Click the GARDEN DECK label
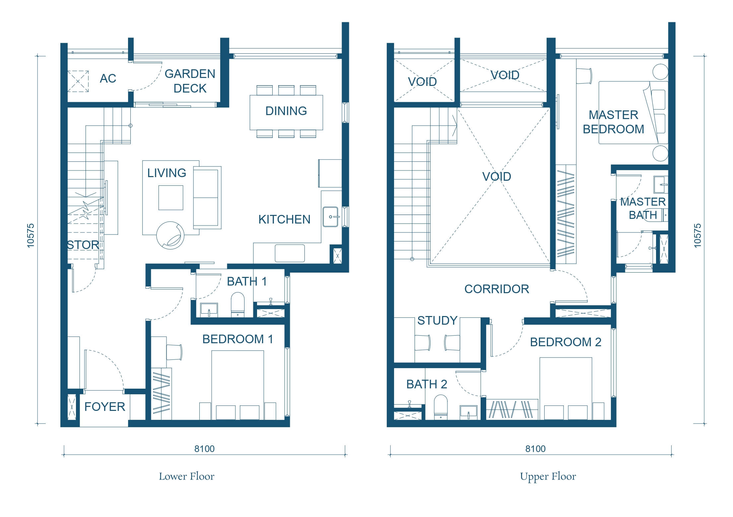coord(190,81)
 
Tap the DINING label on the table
coord(286,111)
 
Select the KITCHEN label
coord(284,219)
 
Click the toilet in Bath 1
coord(237,304)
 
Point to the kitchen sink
coord(330,217)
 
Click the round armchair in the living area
coord(170,235)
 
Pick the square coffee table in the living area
coord(171,198)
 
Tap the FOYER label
coord(104,407)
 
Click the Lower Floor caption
coord(187,477)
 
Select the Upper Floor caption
coord(548,477)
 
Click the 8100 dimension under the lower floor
coord(204,449)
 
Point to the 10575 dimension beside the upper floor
coord(698,235)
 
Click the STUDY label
coord(437,320)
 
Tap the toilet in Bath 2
coord(440,407)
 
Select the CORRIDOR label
coord(497,289)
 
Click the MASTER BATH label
coord(643,208)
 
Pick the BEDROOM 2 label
coord(566,342)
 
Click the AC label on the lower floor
coord(108,78)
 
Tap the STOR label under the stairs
coord(83,245)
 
